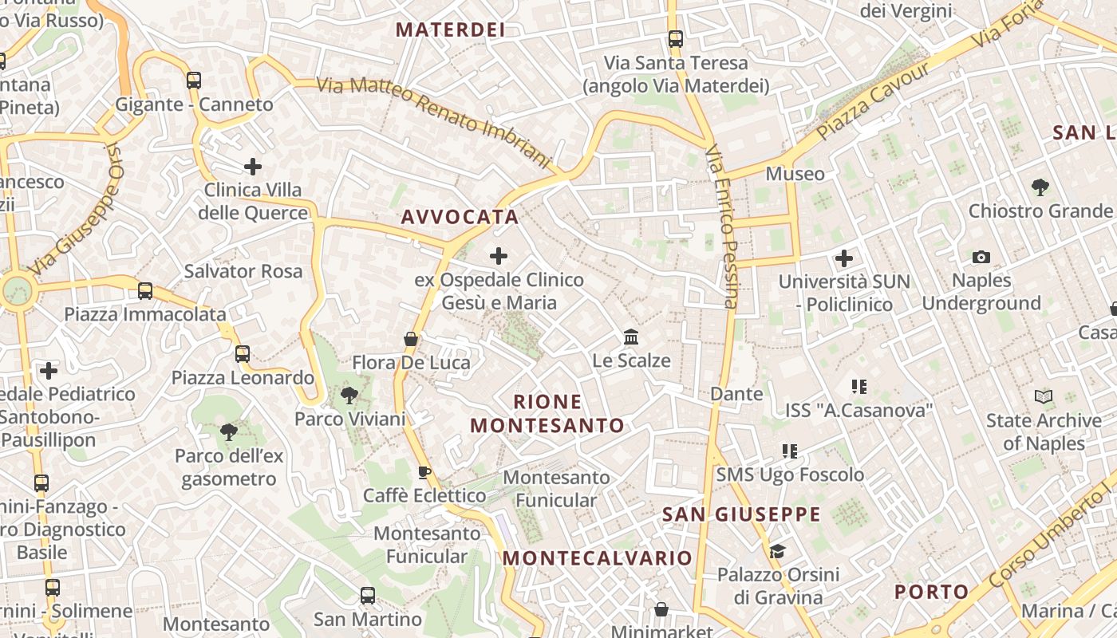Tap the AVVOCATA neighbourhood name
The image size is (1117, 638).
click(x=460, y=217)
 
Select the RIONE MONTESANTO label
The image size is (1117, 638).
click(x=547, y=413)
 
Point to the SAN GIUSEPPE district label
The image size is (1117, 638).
click(x=741, y=514)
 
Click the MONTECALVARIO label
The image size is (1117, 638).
click(x=598, y=557)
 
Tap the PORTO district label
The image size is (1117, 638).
click(x=931, y=592)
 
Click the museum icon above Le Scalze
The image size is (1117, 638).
click(x=631, y=337)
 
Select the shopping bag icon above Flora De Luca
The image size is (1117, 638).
click(x=411, y=339)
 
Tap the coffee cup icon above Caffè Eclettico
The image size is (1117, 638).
click(x=424, y=472)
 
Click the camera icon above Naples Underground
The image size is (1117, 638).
click(x=981, y=257)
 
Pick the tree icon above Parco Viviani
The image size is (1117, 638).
click(x=349, y=395)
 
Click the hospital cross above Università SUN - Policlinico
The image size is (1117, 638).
click(x=843, y=258)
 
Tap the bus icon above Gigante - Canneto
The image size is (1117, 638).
click(x=194, y=81)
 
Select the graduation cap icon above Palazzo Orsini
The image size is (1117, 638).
click(x=777, y=551)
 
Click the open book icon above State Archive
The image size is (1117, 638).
click(x=1043, y=396)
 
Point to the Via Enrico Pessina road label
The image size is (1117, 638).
click(x=723, y=226)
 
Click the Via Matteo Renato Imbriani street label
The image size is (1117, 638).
click(x=435, y=123)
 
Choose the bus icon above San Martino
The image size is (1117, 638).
click(x=367, y=595)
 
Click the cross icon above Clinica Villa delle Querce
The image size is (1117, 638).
click(x=253, y=167)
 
